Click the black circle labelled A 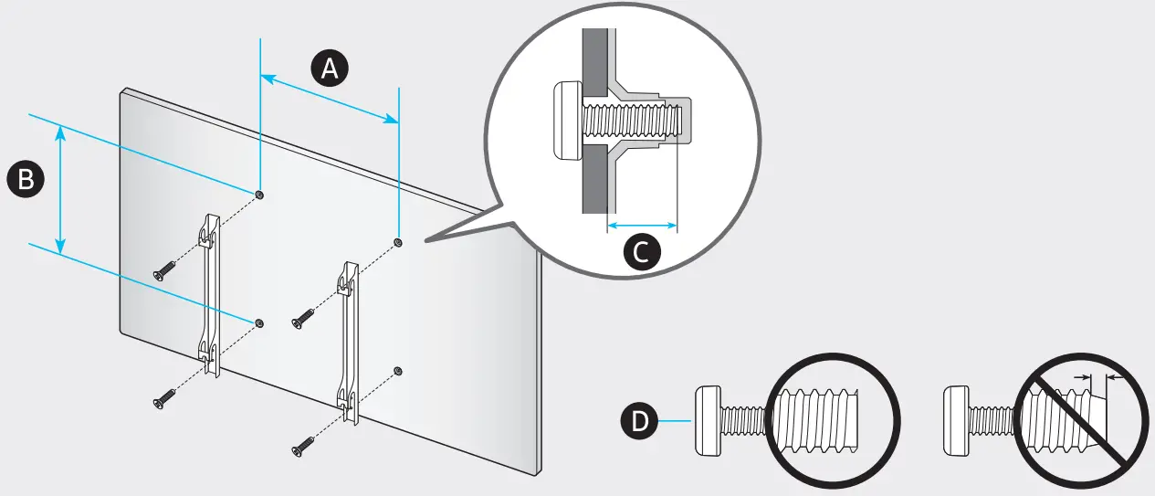click(x=329, y=68)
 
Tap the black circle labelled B click(x=26, y=179)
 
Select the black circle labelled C click(x=642, y=252)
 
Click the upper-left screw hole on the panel click(x=260, y=195)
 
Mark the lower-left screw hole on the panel click(x=260, y=322)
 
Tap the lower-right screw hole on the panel click(x=398, y=369)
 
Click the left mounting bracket click(x=211, y=292)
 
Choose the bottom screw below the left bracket click(x=164, y=397)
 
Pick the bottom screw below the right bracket click(x=302, y=446)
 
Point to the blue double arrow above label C click(x=642, y=224)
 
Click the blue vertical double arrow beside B click(x=61, y=189)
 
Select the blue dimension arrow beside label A click(x=330, y=98)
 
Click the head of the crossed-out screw click(x=955, y=421)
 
